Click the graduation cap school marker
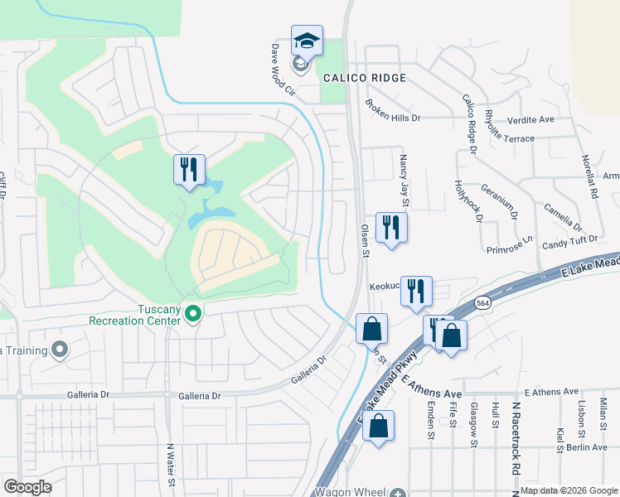pyautogui.click(x=307, y=41)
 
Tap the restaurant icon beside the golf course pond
pyautogui.click(x=189, y=170)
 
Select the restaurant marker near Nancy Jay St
pyautogui.click(x=391, y=228)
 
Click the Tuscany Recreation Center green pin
pyautogui.click(x=193, y=313)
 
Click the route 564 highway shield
pyautogui.click(x=482, y=304)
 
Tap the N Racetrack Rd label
pyautogui.click(x=515, y=443)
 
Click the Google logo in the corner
pyautogui.click(x=27, y=487)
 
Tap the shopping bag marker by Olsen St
pyautogui.click(x=372, y=328)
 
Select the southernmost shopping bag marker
pyautogui.click(x=378, y=426)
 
